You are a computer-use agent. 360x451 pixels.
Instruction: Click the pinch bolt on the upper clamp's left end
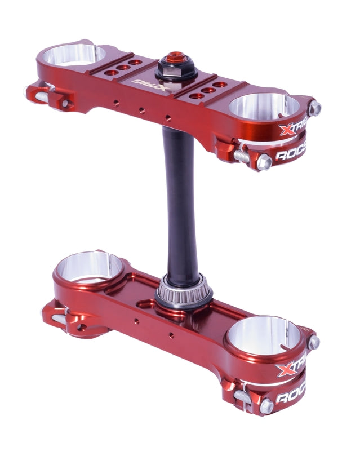tap(42, 96)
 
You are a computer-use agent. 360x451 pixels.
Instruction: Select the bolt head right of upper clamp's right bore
tap(314, 108)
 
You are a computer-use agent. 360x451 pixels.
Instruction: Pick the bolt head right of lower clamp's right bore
tap(313, 343)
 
